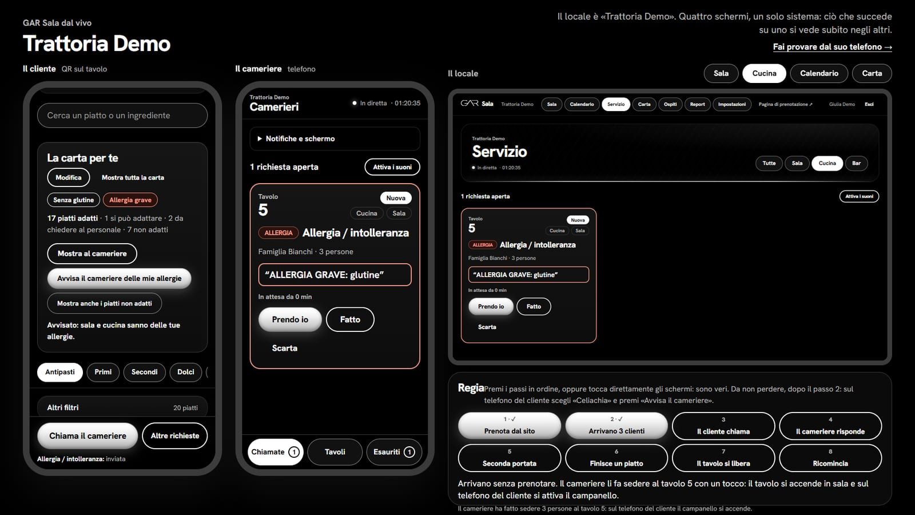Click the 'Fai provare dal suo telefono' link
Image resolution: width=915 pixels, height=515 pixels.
[x=832, y=47]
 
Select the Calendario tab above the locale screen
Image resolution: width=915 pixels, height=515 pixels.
[x=819, y=73]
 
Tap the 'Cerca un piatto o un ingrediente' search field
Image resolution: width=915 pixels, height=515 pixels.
[x=122, y=115]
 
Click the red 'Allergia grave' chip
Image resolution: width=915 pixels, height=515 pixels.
[x=130, y=200]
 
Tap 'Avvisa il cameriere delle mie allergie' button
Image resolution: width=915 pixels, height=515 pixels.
[x=120, y=278]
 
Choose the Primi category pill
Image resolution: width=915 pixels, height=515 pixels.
[x=103, y=372]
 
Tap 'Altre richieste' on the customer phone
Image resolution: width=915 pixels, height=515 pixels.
[x=175, y=435]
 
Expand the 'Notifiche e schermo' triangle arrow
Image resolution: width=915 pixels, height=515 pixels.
[x=260, y=138]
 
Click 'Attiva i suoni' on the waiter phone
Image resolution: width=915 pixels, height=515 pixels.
[x=392, y=167]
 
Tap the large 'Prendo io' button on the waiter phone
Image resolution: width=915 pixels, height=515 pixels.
[x=290, y=319]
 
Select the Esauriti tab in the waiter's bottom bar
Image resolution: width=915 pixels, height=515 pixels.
[x=394, y=451]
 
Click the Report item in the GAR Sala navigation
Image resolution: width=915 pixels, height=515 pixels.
[x=697, y=104]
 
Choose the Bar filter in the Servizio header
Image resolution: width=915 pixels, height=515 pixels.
[x=856, y=163]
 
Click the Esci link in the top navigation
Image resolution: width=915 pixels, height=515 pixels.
[x=869, y=104]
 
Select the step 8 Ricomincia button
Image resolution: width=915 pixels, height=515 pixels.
[x=830, y=458]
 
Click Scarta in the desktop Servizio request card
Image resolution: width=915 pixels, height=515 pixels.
[x=487, y=327]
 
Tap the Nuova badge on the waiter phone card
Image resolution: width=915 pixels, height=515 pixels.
[x=396, y=198]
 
